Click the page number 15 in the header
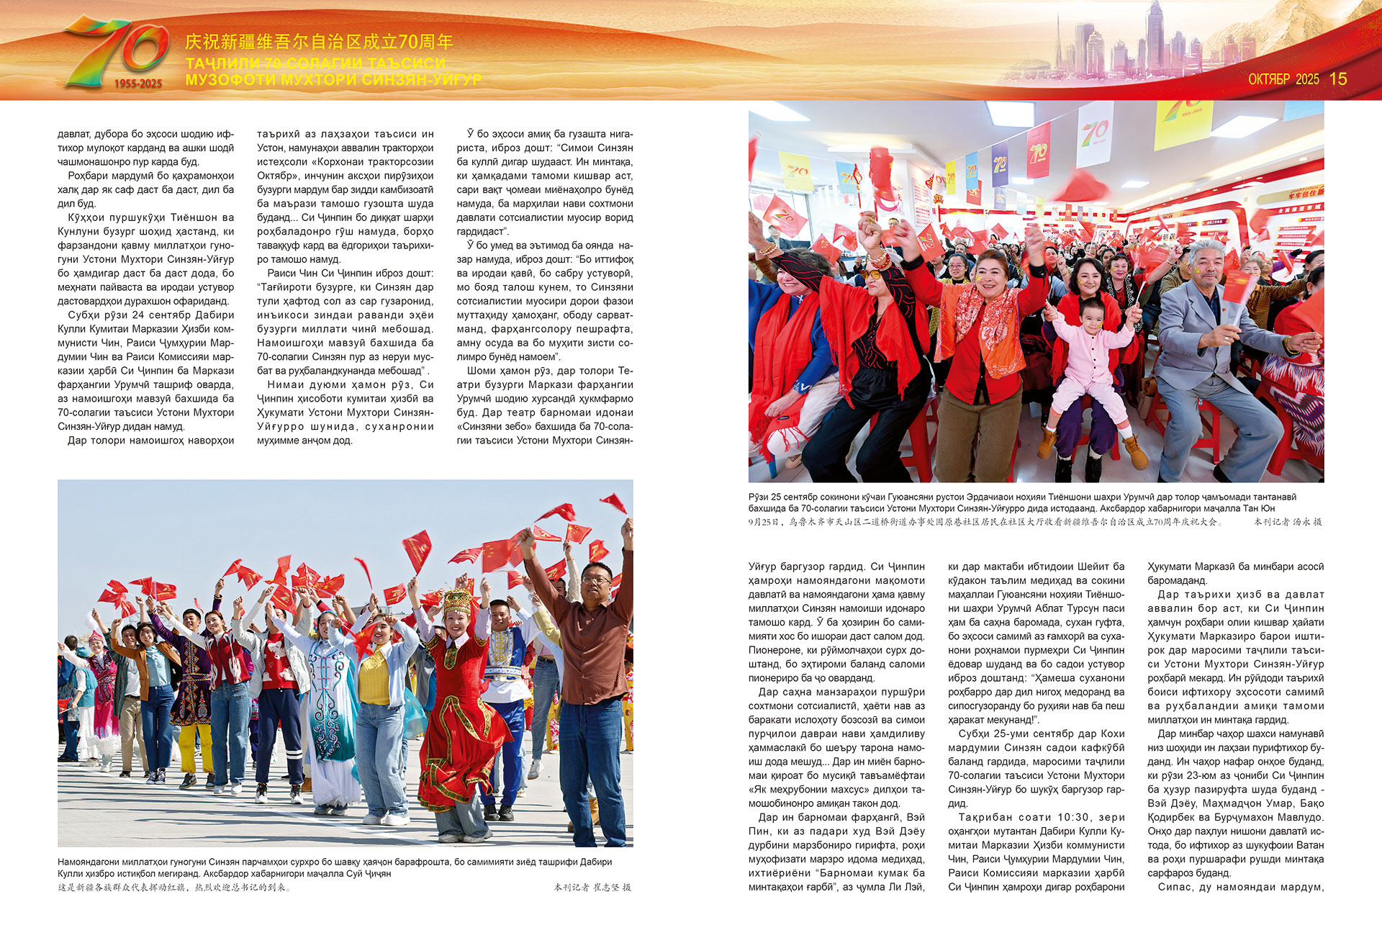click(x=1338, y=79)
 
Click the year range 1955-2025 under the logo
click(x=137, y=84)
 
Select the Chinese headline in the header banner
click(x=319, y=42)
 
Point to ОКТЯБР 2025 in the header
click(x=1283, y=79)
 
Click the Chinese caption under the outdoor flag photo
click(x=175, y=888)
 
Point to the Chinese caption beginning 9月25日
click(x=986, y=522)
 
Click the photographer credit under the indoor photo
click(x=1288, y=522)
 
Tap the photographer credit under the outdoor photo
click(x=592, y=888)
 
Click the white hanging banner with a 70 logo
click(x=1094, y=133)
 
